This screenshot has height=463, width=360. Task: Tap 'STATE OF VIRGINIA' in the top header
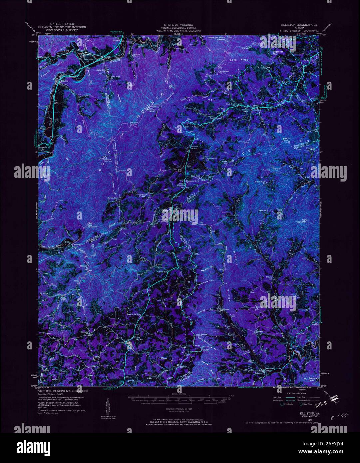[x=180, y=25]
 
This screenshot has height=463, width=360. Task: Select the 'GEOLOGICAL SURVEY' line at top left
[x=62, y=30]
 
